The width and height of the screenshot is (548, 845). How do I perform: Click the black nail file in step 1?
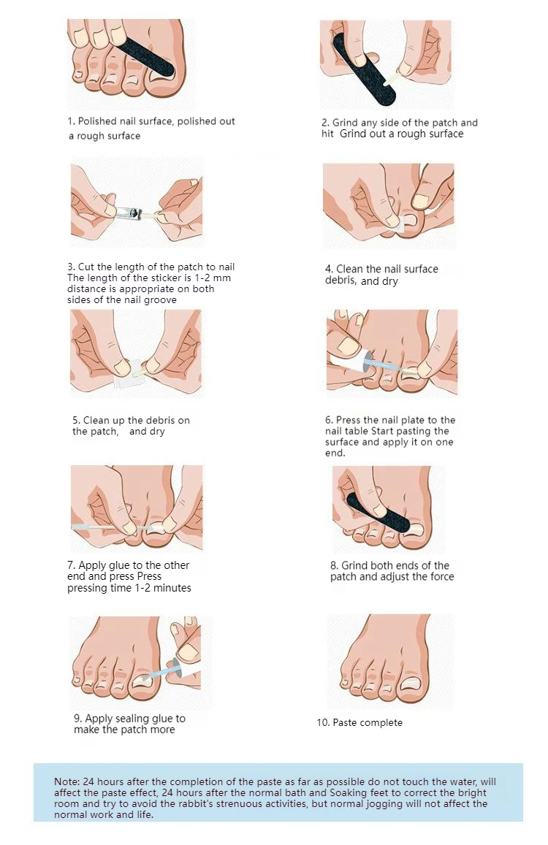(145, 56)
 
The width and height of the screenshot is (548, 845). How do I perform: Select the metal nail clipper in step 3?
(129, 213)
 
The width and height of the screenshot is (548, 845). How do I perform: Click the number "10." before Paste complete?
(323, 722)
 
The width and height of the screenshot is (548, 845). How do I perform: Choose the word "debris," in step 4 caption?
(341, 280)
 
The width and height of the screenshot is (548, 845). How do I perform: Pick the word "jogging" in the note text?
(378, 803)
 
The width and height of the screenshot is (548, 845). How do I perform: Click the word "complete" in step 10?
(382, 723)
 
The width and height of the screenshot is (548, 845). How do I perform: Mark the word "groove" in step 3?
(160, 300)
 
